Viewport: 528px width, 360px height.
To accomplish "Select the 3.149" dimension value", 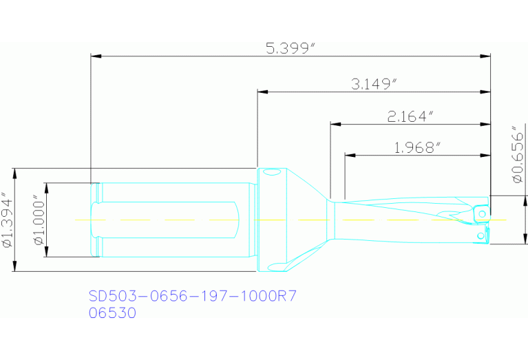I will [374, 84].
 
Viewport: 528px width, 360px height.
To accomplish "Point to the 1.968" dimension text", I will [418, 147].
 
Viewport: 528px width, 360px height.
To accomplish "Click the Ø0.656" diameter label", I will [518, 155].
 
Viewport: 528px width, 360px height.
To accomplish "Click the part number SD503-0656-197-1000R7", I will [192, 296].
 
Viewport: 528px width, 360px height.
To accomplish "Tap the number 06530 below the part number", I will [113, 313].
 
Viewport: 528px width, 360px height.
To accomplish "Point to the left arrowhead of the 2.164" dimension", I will [335, 124].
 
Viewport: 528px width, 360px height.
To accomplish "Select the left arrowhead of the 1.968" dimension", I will [349, 156].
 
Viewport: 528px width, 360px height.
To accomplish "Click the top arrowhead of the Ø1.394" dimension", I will [14, 173].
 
